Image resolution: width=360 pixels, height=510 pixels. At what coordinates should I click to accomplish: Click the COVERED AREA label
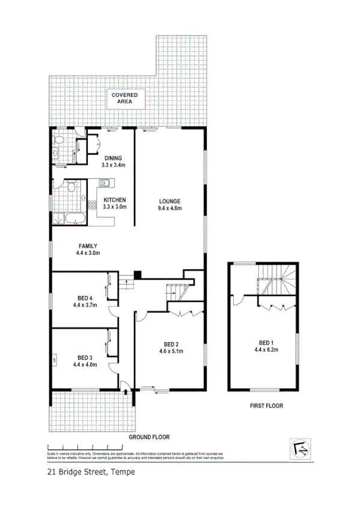coord(123,99)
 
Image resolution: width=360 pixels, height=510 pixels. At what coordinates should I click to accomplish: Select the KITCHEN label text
coord(114,200)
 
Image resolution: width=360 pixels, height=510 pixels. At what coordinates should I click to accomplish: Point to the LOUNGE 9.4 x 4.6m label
coord(169,204)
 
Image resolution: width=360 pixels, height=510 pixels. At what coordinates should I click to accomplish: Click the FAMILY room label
coord(87,250)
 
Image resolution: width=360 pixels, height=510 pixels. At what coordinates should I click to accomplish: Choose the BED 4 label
coord(85,301)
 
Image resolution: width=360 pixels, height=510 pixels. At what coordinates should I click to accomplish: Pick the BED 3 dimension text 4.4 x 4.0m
coord(85,364)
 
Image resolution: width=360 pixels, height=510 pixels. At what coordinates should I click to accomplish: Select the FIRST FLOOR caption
coord(266,406)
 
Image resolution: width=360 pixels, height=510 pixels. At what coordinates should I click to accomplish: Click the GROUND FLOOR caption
coord(149,437)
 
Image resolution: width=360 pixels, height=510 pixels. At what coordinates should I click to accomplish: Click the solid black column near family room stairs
coord(138,275)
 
